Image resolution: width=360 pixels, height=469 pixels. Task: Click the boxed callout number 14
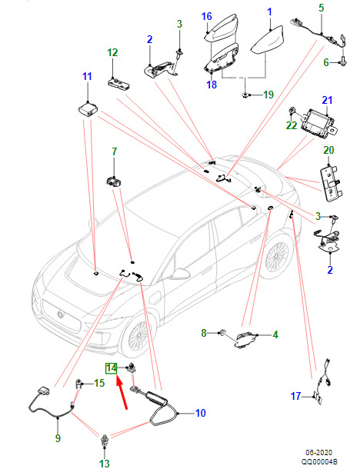pos(111,368)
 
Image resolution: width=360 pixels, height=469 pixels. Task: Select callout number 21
pos(327,100)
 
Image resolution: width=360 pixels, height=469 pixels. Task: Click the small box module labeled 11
pos(88,110)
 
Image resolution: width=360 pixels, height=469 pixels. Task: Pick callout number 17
pos(295,396)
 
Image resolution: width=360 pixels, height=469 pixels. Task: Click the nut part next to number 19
pos(245,95)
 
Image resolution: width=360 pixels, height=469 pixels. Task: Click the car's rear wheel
pos(276,255)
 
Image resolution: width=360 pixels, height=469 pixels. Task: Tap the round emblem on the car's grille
pos(61,314)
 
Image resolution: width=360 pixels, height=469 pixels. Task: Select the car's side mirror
pos(180,273)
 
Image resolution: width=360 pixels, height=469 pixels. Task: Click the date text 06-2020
pos(318,453)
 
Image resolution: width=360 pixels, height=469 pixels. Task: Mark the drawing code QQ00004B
pos(319,462)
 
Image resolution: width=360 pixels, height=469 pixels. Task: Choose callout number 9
pos(58,438)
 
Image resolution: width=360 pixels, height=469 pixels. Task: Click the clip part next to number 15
pos(78,384)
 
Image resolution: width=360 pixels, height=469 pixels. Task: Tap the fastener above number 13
pos(105,441)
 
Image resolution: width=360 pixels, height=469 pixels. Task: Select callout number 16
pos(207,17)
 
